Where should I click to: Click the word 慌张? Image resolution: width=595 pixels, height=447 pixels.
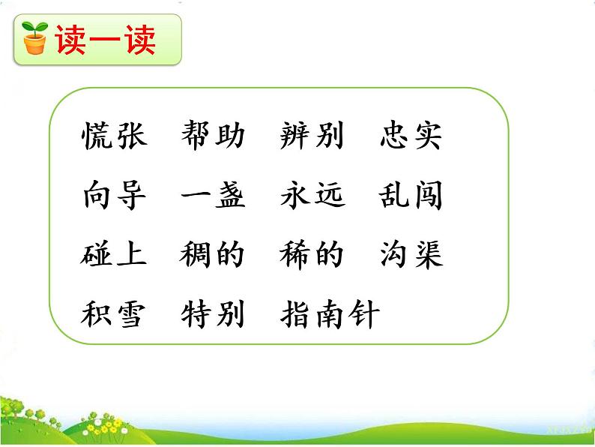click(114, 136)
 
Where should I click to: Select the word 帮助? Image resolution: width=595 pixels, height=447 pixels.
click(214, 136)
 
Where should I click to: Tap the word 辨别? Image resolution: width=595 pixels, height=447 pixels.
click(312, 136)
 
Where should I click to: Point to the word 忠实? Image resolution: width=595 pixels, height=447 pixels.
click(411, 136)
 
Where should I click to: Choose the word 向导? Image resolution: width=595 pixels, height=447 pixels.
click(114, 196)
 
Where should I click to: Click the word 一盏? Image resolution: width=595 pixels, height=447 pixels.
click(214, 196)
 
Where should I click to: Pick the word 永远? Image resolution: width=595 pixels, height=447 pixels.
click(312, 196)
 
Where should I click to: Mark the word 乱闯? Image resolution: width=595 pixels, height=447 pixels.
click(411, 196)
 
